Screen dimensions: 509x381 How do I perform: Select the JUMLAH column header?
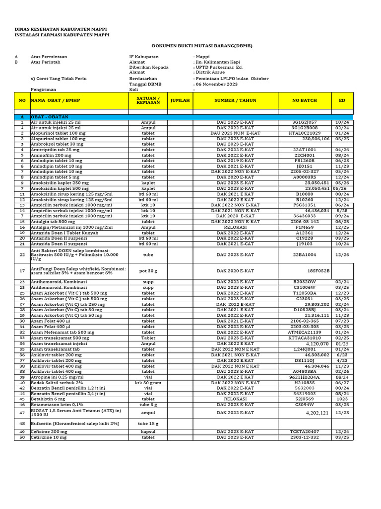(180, 100)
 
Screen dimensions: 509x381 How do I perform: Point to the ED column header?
(342, 100)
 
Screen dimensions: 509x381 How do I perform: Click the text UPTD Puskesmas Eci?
(219, 67)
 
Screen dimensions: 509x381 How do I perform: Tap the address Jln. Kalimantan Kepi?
(217, 62)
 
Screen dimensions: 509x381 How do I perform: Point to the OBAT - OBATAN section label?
(49, 117)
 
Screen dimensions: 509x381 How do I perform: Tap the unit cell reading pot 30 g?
(148, 270)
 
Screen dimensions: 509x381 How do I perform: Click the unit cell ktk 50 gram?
(148, 383)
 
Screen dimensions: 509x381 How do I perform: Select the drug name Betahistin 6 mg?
(48, 399)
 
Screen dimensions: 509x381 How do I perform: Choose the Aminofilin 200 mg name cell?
(51, 155)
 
